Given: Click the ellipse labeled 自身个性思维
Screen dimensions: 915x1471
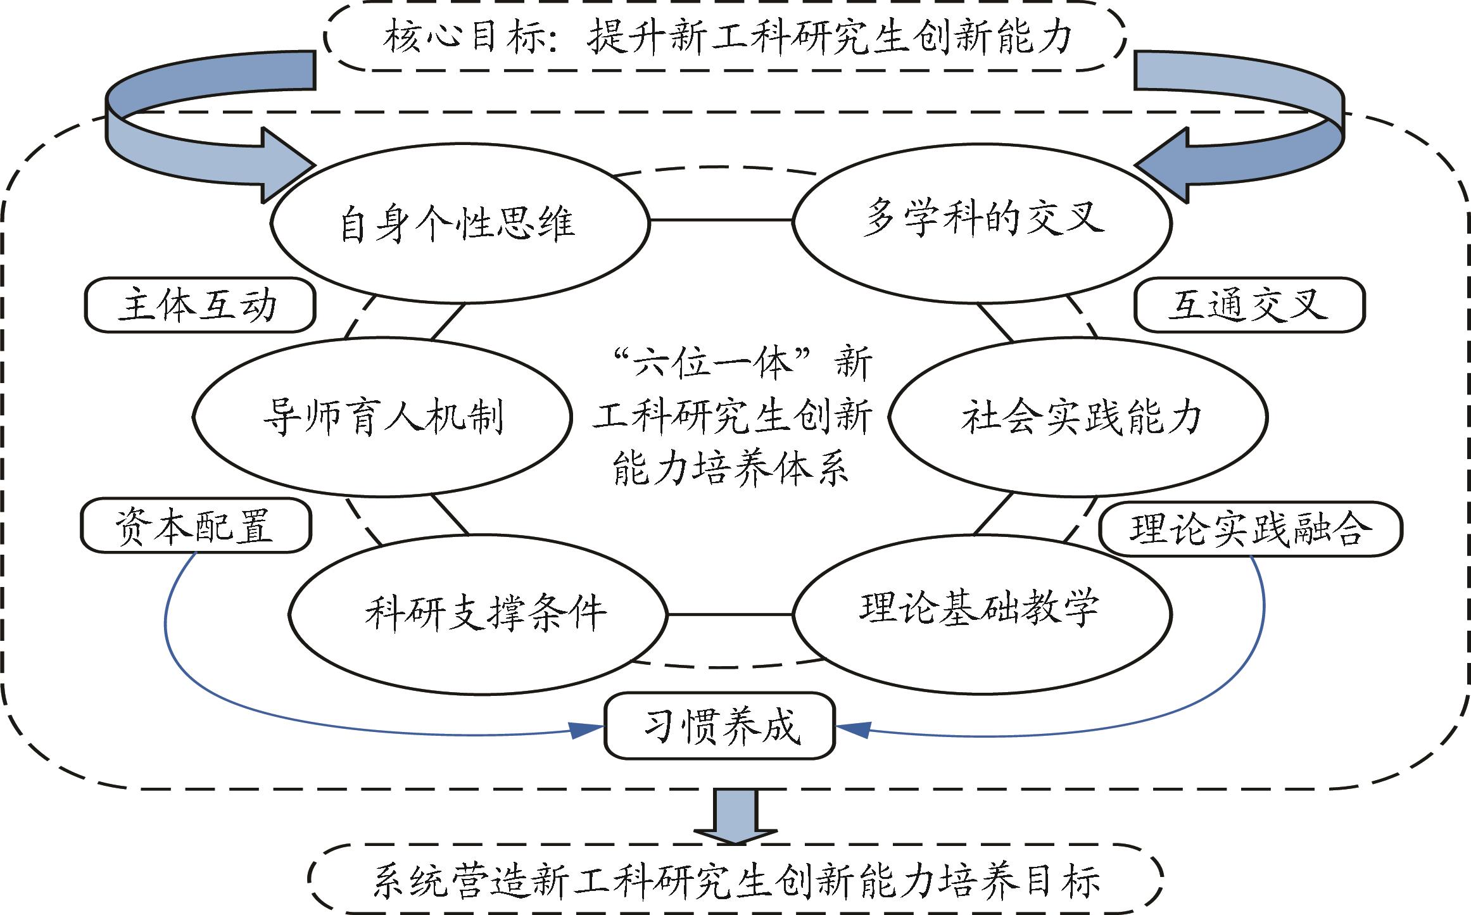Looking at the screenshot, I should coord(460,223).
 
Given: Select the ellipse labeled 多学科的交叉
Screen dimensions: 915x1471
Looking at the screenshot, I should coord(982,220).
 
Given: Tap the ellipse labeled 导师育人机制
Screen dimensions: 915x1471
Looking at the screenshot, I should coord(382,417).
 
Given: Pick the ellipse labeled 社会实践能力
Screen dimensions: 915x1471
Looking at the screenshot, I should coord(1078,417).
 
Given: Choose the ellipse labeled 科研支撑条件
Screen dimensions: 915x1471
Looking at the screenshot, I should coord(478,614).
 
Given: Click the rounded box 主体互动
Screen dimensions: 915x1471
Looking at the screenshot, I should coord(200,305).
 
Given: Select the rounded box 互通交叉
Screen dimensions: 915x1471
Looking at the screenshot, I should coord(1249,305).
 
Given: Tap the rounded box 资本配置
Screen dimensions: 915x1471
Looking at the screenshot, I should coord(196,526).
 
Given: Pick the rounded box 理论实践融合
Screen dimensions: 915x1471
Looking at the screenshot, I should coord(1251,528).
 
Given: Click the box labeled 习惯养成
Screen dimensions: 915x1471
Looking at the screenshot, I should coord(720,726).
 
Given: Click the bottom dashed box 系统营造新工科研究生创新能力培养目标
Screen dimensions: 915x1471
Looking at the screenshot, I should coord(735,879).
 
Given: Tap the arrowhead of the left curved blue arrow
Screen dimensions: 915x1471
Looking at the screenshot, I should coord(288,166).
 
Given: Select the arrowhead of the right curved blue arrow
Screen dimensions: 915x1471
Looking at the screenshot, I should coord(1162,166).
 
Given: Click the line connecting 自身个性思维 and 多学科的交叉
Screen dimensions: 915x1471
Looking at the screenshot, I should coord(721,220).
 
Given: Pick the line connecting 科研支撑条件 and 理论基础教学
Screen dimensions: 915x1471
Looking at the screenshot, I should coord(729,614).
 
